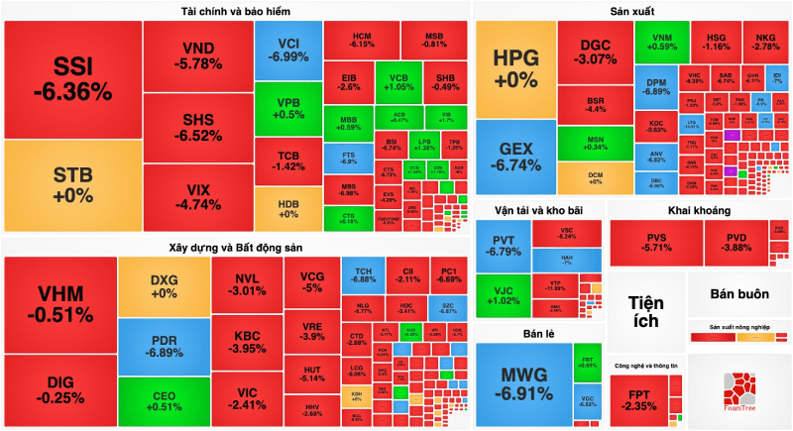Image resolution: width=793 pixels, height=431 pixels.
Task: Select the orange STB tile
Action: coord(72,184)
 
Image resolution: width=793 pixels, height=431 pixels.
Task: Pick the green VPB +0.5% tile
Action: coord(288,107)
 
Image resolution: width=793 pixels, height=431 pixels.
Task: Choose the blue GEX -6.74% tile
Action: coord(514,157)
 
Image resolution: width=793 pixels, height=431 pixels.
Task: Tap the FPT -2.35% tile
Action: coord(643,398)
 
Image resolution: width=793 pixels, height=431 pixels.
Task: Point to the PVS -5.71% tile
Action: coord(656,244)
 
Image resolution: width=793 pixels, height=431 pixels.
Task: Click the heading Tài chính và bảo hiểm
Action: coord(236,11)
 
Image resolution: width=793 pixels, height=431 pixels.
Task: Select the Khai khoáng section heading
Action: coord(699,211)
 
